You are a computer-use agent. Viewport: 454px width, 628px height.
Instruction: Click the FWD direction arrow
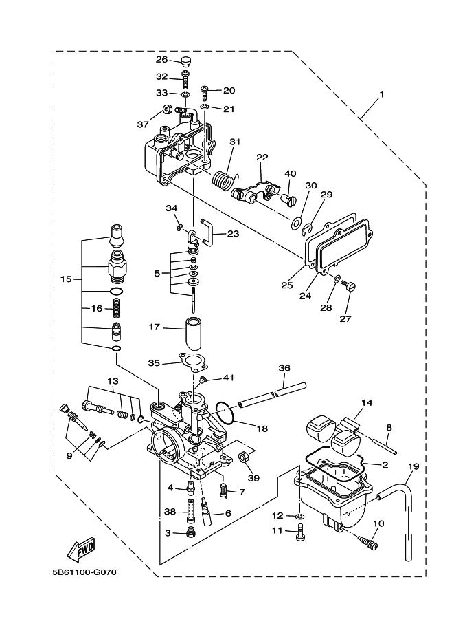[x=81, y=550]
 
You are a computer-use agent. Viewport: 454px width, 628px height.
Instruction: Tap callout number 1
[x=381, y=94]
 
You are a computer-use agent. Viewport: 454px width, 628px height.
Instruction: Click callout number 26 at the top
[x=161, y=59]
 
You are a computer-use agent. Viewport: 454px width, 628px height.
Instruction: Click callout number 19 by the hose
[x=412, y=466]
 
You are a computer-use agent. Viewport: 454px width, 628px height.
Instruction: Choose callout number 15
[x=66, y=279]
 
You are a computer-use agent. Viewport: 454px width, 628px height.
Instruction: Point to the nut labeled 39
[x=244, y=457]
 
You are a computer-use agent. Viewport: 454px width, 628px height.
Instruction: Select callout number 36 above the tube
[x=284, y=369]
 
